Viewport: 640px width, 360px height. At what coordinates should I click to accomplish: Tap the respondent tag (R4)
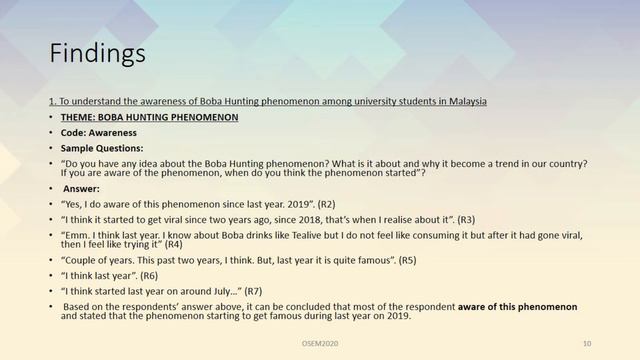174,243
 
